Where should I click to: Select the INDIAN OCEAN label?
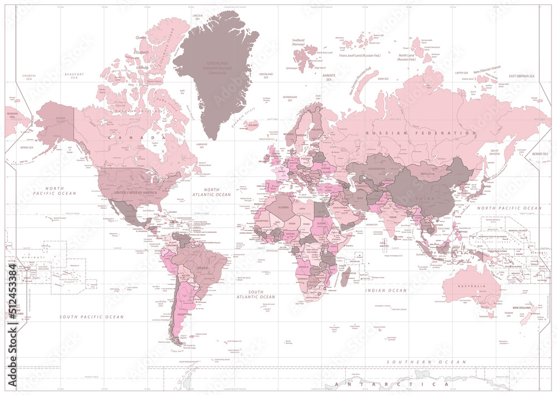(385, 290)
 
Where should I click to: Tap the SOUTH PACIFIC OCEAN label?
(92, 317)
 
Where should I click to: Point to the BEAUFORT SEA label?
(74, 76)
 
